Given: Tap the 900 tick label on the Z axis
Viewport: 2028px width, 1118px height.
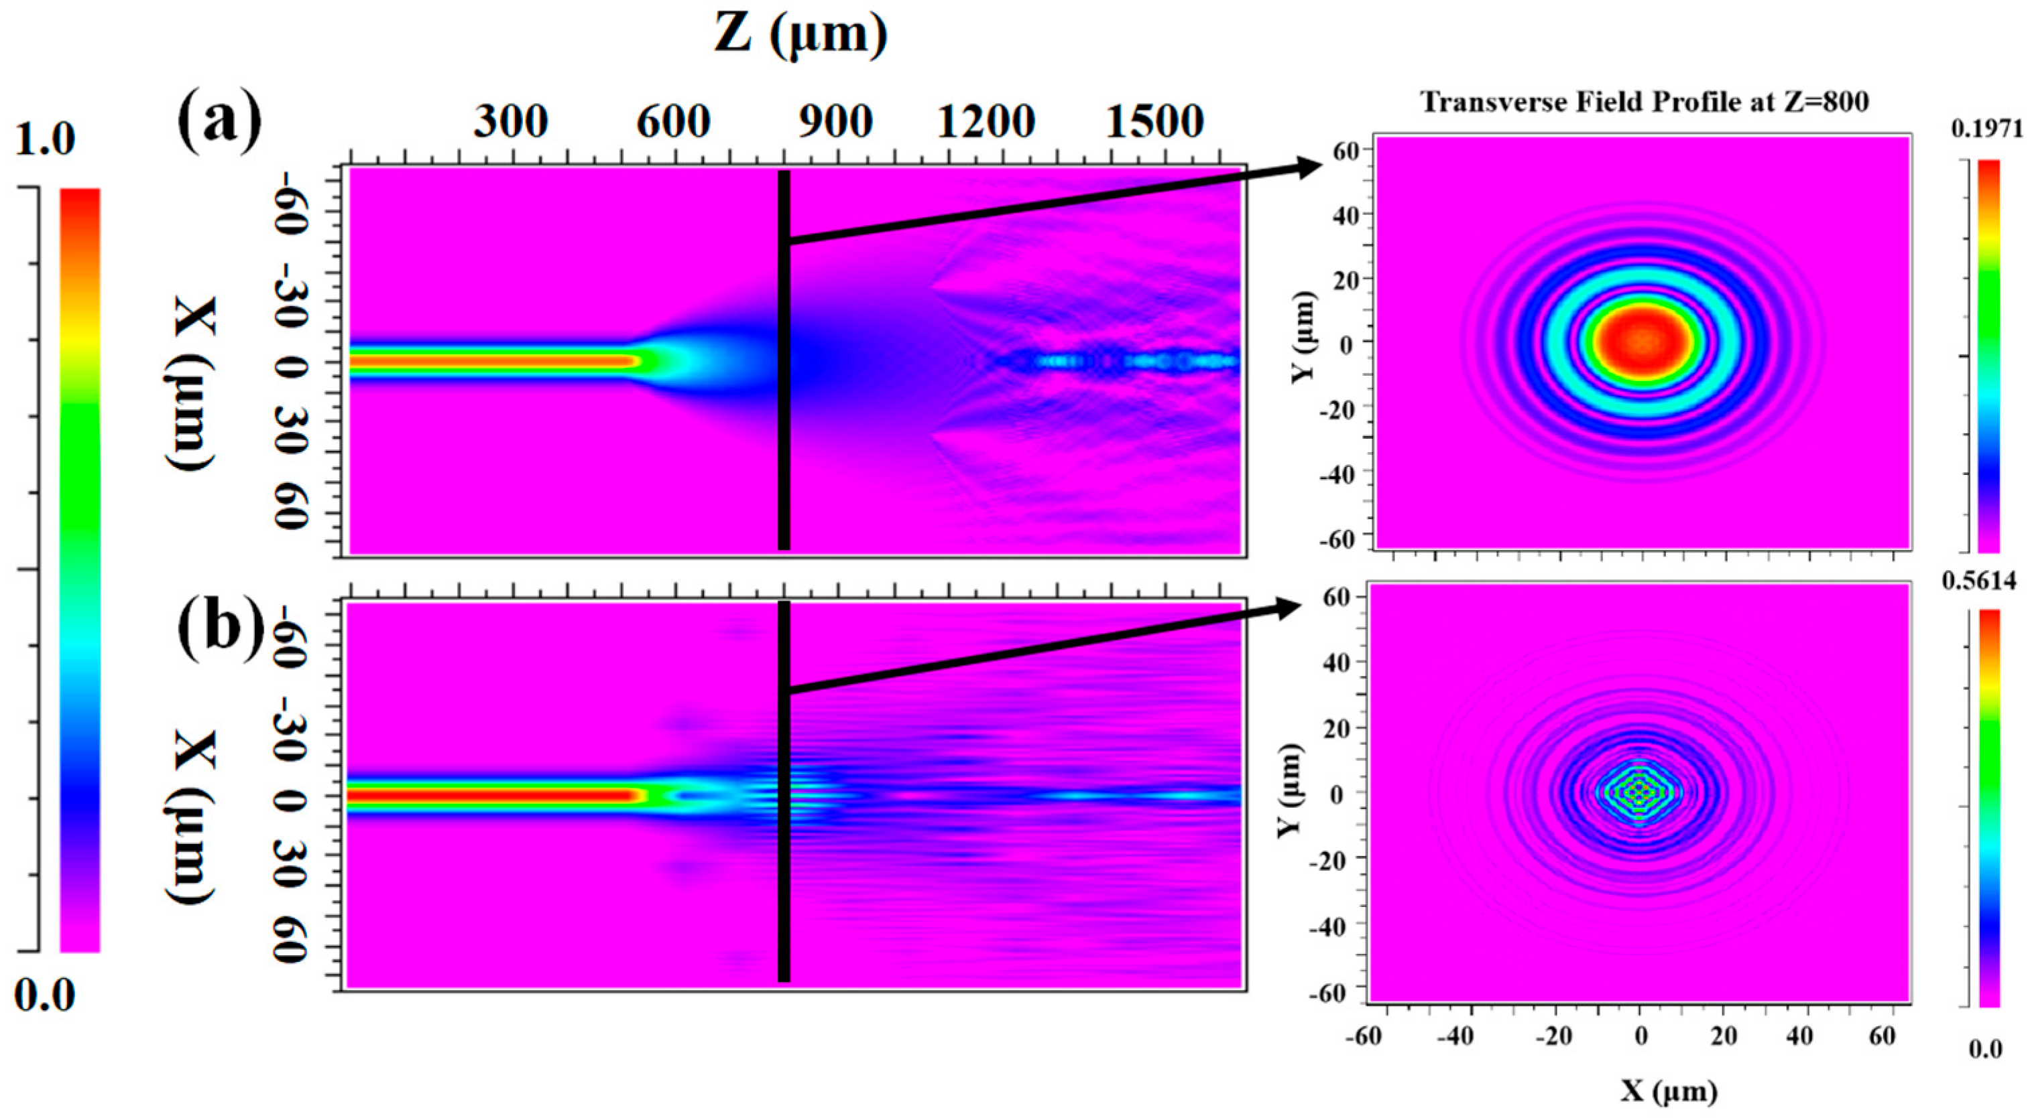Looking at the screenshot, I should click(x=834, y=122).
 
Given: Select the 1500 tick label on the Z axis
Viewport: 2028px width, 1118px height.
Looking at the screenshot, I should click(x=1155, y=122).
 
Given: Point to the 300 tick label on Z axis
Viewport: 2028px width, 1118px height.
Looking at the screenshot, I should click(x=510, y=122).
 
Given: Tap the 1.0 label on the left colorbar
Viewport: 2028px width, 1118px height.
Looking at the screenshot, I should click(x=45, y=139).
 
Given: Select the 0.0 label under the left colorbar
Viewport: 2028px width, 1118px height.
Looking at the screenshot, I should click(x=45, y=995).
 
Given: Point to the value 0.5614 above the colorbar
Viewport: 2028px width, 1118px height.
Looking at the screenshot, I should click(x=1978, y=581).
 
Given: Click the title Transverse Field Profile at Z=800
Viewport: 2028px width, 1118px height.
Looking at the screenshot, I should click(x=1644, y=102).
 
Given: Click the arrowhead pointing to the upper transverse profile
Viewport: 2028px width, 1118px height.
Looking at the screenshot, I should click(x=1307, y=167).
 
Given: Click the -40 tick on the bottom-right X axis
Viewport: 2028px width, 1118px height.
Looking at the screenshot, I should click(x=1454, y=1037).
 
